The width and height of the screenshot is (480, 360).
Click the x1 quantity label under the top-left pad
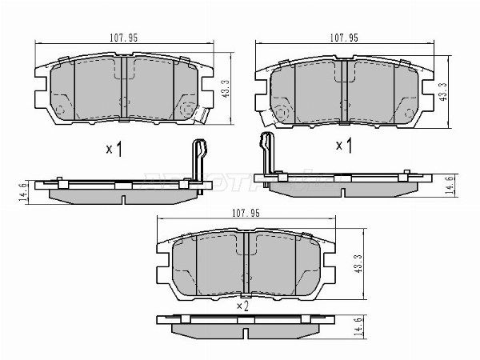[x=114, y=149]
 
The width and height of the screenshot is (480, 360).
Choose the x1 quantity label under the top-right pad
[x=344, y=146]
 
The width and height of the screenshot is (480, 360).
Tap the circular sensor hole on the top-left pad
[x=189, y=110]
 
